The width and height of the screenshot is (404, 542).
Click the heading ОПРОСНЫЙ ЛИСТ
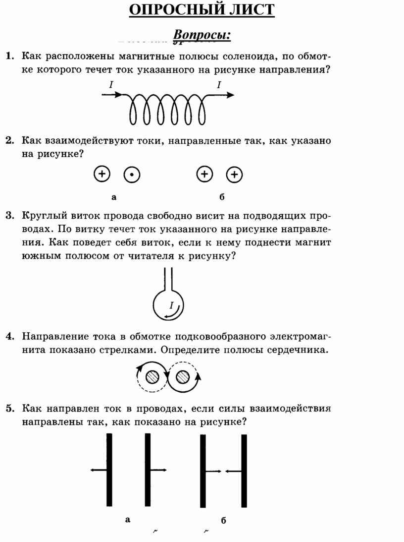(x=202, y=9)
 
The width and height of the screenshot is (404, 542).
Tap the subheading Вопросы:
(x=202, y=35)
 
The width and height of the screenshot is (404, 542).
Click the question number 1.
(x=10, y=56)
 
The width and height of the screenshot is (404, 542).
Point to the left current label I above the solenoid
(x=111, y=84)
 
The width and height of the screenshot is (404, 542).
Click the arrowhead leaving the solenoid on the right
(x=230, y=95)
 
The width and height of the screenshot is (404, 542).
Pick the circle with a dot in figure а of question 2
(x=132, y=175)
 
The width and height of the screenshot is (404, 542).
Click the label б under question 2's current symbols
(x=222, y=197)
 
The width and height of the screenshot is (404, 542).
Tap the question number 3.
(x=10, y=216)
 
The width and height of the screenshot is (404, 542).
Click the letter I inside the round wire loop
(x=171, y=305)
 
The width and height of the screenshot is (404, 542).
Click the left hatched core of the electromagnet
(x=152, y=377)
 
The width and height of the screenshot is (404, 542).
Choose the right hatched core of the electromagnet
(x=183, y=377)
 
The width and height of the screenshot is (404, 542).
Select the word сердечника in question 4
(x=297, y=350)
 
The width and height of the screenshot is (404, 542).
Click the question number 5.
(x=10, y=409)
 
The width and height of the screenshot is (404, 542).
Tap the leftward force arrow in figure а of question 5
(x=99, y=470)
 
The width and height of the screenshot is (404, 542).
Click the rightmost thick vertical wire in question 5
(x=244, y=471)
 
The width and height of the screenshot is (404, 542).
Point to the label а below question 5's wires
(x=128, y=520)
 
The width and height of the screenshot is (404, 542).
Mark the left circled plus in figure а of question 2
(x=102, y=174)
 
